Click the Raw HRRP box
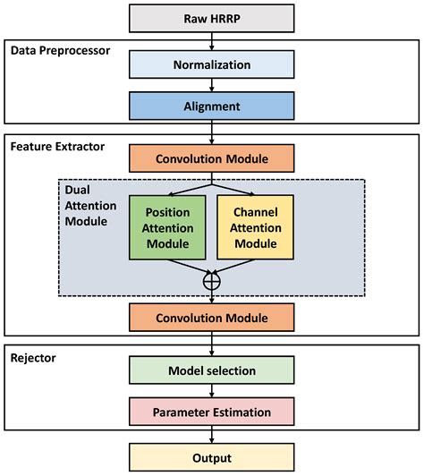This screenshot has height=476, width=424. tap(211, 18)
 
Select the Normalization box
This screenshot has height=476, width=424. tap(211, 64)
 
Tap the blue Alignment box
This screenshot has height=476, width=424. tap(211, 106)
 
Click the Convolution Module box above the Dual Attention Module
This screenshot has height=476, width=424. tap(211, 158)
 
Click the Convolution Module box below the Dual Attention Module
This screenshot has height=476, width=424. tap(211, 318)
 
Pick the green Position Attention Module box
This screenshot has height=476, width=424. tap(168, 228)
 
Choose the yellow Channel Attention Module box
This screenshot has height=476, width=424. tap(255, 228)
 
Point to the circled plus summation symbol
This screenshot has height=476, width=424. tap(212, 280)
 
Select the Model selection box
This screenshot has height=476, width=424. tap(211, 370)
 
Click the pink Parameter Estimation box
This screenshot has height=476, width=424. tap(211, 412)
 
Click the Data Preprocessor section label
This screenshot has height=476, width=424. tap(60, 50)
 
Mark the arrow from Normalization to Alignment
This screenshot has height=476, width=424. tap(211, 86)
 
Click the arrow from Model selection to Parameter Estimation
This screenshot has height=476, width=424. tap(211, 392)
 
